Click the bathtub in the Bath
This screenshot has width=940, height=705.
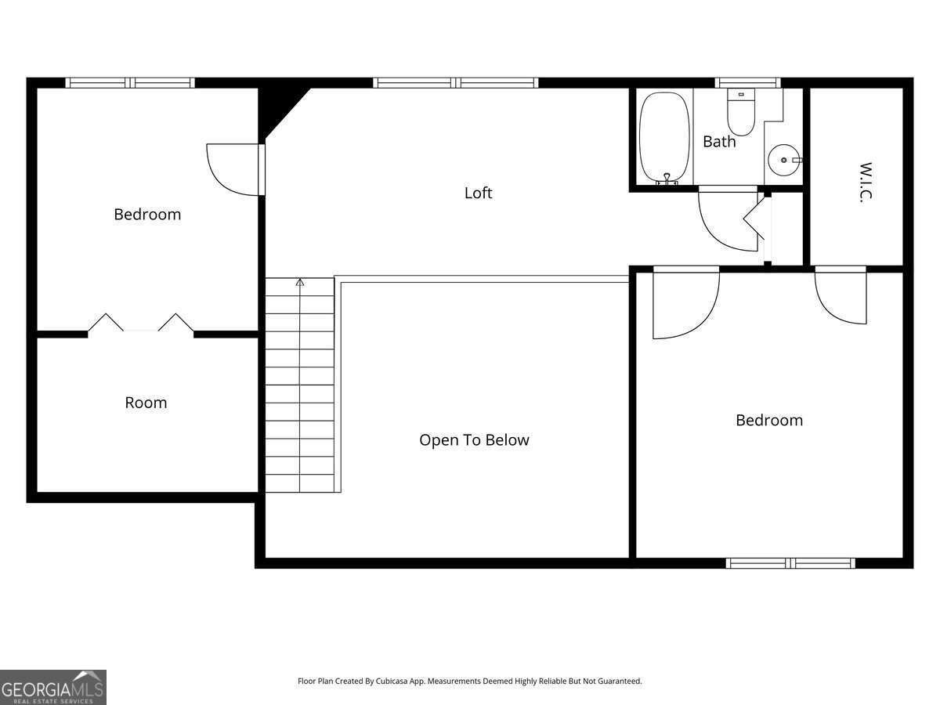click(664, 138)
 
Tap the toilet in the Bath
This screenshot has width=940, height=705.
click(741, 112)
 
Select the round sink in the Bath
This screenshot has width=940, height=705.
click(784, 160)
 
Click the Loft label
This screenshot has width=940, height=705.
click(478, 193)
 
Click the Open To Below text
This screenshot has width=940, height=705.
click(474, 440)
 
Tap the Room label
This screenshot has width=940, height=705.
click(146, 403)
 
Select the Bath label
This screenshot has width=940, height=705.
click(719, 141)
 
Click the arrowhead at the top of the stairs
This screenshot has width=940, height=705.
click(300, 282)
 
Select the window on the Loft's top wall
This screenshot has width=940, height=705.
click(456, 82)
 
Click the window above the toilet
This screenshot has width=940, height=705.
click(748, 82)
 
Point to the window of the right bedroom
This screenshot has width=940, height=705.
click(790, 563)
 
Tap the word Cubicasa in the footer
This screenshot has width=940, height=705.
click(392, 681)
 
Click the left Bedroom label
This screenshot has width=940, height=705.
click(147, 214)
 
